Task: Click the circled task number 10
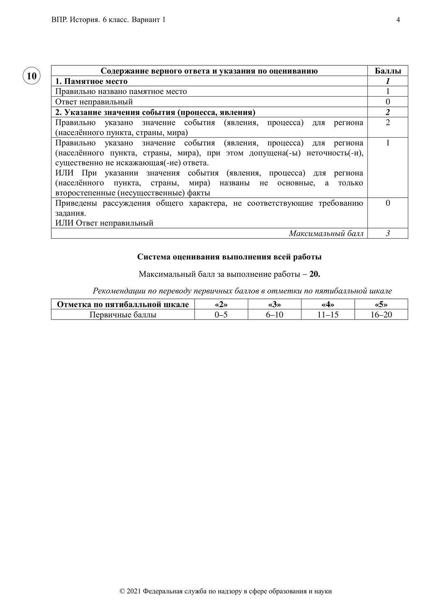point(31,76)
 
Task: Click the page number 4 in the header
point(398,20)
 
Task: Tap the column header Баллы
point(388,71)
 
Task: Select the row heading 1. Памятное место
point(91,81)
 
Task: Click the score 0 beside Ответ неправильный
point(388,102)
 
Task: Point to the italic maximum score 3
point(388,233)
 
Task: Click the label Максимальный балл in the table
point(326,233)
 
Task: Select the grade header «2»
point(221,304)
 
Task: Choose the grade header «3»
point(275,304)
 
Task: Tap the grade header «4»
point(328,304)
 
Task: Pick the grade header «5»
point(381,304)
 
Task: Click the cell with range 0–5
point(221,315)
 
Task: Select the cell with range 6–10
point(275,315)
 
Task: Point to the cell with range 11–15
point(328,315)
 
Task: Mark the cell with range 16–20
point(381,315)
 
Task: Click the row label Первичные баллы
point(123,315)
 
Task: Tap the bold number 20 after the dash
point(314,274)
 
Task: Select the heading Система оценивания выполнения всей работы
point(229,257)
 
